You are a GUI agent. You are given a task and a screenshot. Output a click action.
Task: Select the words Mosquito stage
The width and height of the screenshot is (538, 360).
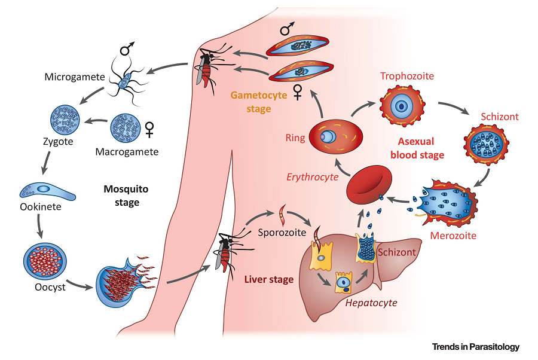pos(127,196)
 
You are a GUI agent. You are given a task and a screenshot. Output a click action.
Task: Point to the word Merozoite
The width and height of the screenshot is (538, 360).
pos(453,236)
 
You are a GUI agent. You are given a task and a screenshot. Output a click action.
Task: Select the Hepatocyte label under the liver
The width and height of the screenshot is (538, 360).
pos(371,303)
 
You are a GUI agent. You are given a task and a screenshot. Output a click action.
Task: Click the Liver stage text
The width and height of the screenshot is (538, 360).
pos(269,279)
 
